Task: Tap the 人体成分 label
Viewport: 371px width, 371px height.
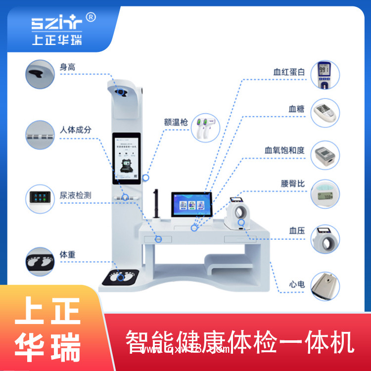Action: [76, 130]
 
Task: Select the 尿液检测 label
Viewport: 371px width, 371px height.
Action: [76, 195]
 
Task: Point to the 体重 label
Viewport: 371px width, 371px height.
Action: [68, 255]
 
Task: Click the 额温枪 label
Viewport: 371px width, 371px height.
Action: [176, 122]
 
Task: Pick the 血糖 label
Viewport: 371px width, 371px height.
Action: [296, 108]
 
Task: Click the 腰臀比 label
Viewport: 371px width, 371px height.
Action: [293, 184]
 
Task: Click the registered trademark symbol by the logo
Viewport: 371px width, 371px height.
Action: [91, 17]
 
